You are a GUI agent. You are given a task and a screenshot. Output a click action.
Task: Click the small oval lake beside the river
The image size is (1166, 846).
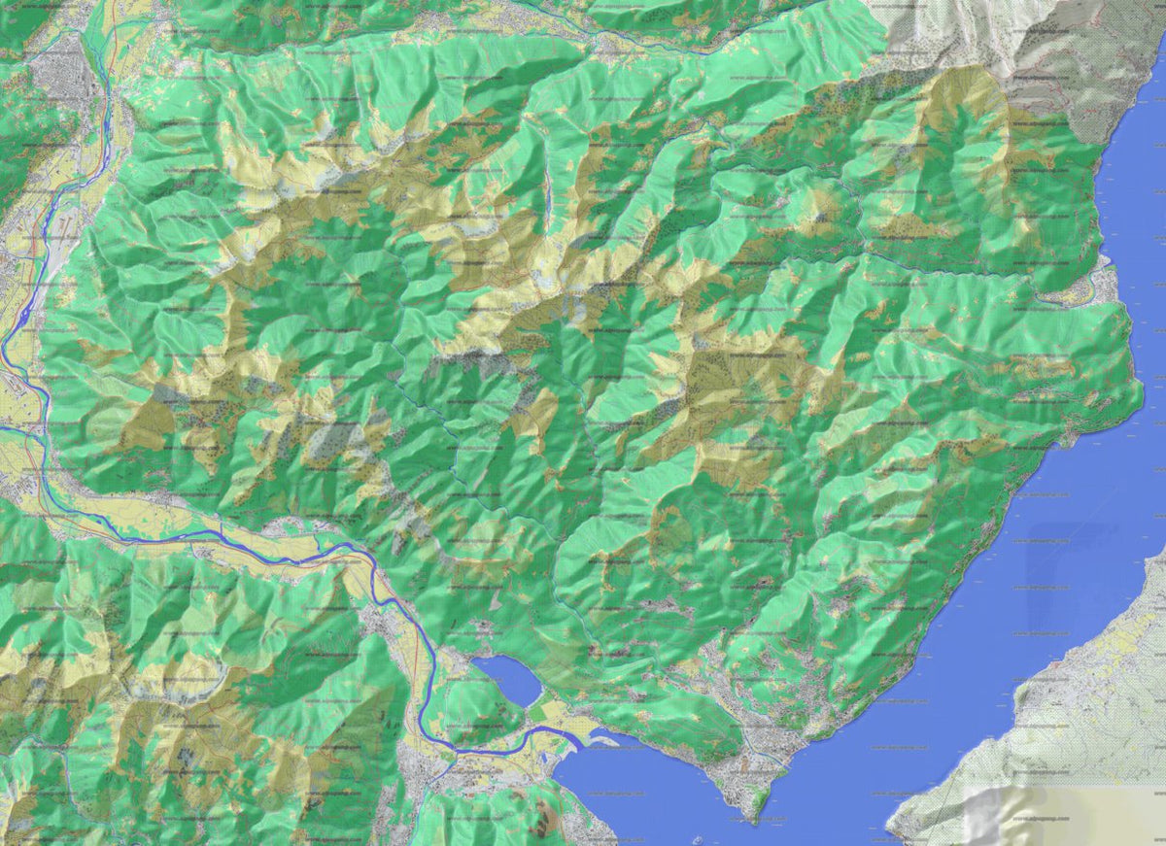point(506,679)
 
